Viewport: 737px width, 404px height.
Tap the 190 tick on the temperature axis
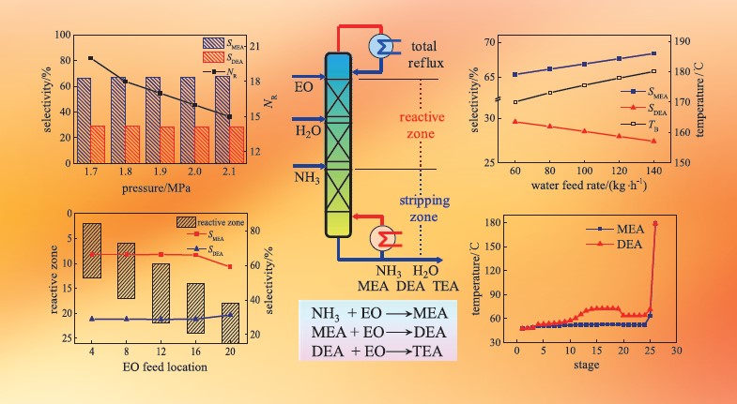[x=684, y=42]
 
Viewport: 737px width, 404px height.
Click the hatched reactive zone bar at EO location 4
[x=92, y=250]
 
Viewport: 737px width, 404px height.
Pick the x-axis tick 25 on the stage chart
[x=649, y=354]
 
